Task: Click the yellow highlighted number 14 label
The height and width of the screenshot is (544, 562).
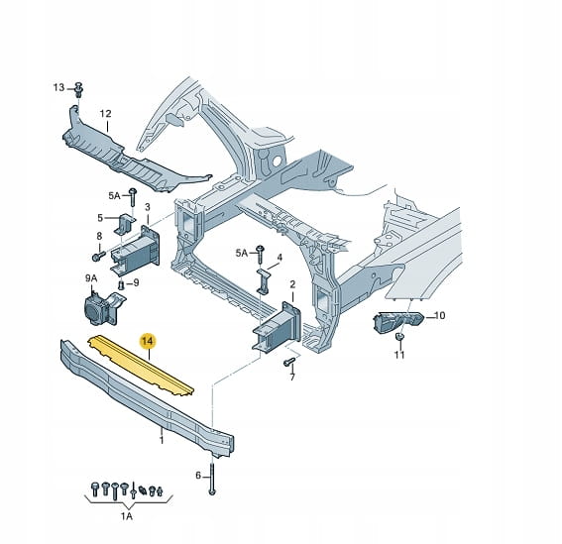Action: [x=148, y=341]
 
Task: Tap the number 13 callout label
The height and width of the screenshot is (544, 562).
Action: [x=58, y=87]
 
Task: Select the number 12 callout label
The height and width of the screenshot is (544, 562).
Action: [x=106, y=114]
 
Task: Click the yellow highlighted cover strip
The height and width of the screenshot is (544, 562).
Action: [x=141, y=366]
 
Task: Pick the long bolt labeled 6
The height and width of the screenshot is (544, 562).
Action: [x=212, y=479]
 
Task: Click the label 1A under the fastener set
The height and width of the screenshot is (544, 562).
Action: [x=126, y=516]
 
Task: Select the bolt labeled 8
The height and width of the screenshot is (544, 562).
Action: [x=98, y=256]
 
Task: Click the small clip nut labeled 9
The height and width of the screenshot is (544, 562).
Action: [x=121, y=285]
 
